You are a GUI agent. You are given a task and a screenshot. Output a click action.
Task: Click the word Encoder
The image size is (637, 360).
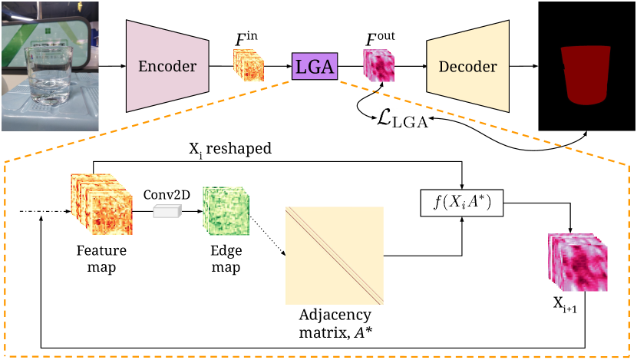tap(167, 66)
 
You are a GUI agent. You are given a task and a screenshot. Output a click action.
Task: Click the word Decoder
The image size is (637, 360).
tap(467, 67)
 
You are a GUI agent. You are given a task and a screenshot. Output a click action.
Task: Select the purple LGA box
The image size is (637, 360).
tap(315, 67)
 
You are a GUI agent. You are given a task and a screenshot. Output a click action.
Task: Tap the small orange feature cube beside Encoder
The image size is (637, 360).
tap(249, 65)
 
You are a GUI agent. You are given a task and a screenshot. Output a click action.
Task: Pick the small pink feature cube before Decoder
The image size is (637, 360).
tap(378, 66)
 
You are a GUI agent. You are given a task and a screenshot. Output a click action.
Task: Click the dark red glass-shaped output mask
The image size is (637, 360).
tap(586, 74)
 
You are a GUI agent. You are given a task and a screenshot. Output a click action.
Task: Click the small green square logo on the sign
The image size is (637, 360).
tap(48, 31)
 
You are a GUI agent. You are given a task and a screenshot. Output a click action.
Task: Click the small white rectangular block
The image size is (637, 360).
tap(167, 211)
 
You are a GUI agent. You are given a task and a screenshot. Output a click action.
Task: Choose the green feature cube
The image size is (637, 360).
tap(226, 210)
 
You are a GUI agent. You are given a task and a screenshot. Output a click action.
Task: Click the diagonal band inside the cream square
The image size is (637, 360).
tap(335, 256)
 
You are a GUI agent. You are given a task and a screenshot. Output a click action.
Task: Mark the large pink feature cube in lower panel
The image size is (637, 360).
tap(578, 263)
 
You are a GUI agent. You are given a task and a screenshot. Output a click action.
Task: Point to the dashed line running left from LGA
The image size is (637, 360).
tap(153, 122)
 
